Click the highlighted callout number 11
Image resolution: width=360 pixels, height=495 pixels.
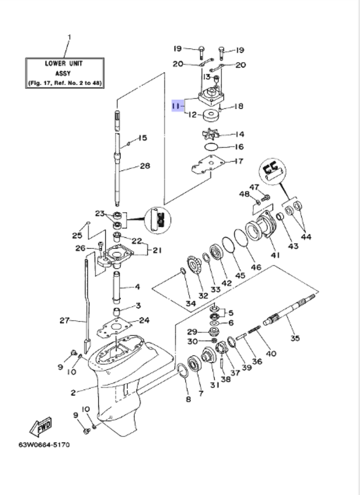[x=176, y=106]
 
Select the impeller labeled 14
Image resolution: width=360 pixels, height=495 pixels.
[x=210, y=135]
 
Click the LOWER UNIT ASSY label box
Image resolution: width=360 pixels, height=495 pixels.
[x=65, y=73]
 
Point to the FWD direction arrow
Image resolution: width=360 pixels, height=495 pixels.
[x=41, y=426]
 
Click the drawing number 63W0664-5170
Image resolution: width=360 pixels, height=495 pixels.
[x=44, y=445]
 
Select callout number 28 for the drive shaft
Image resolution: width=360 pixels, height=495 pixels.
[x=145, y=166]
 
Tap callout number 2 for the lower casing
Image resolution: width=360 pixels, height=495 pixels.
[x=73, y=392]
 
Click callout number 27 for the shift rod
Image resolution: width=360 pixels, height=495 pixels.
[x=64, y=320]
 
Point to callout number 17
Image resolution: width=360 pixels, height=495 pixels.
[x=239, y=161]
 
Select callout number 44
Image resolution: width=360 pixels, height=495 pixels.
[x=306, y=237]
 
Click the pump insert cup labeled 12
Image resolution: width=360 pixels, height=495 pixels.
[x=211, y=116]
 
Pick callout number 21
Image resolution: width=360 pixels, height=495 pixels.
[x=157, y=250]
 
